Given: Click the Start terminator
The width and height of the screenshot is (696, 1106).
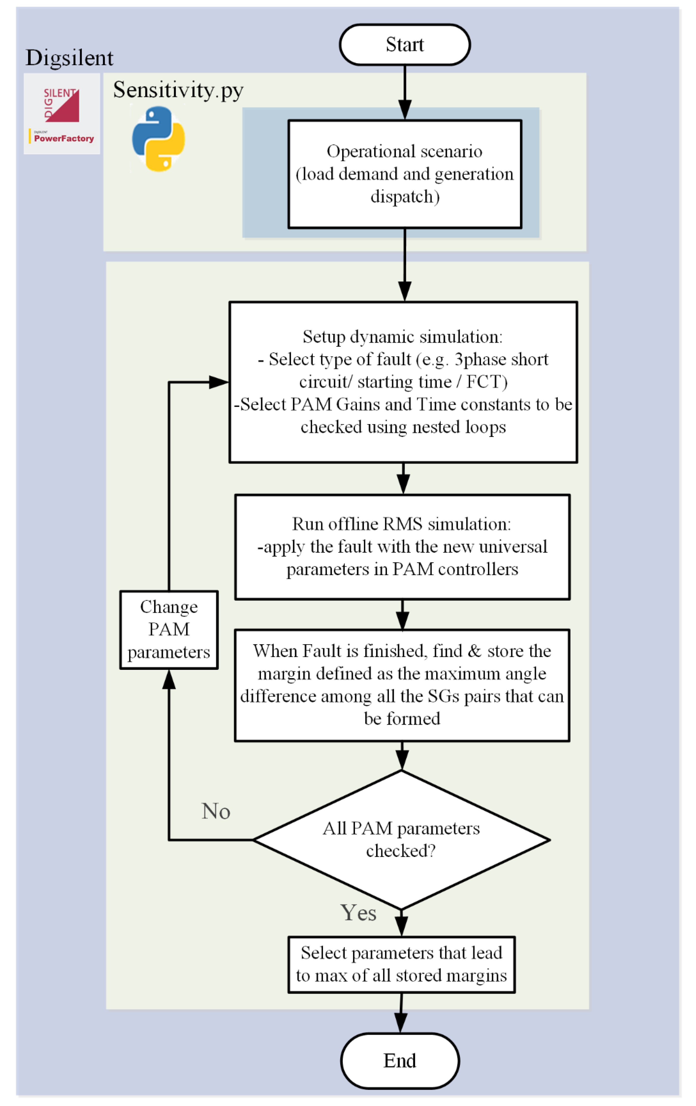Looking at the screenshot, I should (404, 45).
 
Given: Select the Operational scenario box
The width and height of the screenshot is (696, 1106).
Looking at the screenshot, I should (404, 174).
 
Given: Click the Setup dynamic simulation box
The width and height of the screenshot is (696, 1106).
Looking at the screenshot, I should (403, 382).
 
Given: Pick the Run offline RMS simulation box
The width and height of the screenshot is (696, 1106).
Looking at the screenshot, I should (402, 547).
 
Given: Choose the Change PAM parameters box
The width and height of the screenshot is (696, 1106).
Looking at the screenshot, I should (169, 629).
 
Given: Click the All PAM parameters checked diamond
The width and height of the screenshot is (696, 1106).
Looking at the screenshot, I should (401, 840).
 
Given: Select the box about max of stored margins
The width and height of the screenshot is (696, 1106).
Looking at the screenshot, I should (401, 965).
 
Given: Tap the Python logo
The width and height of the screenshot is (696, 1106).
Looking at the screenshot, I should (158, 139).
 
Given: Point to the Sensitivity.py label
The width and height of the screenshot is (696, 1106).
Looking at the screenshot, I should (178, 90).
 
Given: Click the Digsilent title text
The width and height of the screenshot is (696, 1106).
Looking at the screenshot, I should (69, 58).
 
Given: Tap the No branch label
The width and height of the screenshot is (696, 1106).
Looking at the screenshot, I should (215, 811).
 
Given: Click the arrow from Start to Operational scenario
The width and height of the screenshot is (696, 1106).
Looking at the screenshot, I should (404, 92).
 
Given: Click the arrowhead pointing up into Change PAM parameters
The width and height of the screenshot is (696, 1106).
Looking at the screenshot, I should (169, 680).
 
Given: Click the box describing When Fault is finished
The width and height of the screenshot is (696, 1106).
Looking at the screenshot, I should (402, 684).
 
